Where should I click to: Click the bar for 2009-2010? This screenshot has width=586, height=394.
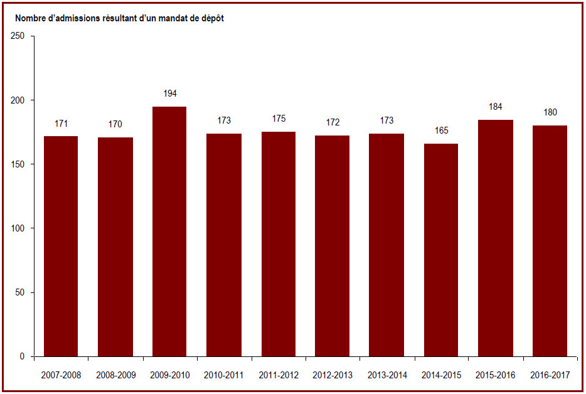169,232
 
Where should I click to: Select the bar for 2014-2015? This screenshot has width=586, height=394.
441,250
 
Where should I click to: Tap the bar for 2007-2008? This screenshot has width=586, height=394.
61,247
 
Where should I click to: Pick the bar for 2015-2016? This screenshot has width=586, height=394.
496,238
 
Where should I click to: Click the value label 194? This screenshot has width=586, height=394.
170,93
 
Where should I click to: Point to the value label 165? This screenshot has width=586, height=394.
441,130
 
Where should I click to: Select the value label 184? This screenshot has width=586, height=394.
495,107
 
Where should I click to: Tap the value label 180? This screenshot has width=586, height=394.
550,112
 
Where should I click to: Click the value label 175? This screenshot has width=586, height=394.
279,119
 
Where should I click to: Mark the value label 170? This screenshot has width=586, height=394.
115,124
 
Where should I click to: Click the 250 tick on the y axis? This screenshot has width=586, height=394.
18,36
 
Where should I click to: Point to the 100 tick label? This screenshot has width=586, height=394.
18,228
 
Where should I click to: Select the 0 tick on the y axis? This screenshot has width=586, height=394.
22,356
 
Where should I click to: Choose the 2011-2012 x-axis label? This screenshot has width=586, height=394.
279,375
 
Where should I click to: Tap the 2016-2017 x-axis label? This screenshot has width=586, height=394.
550,375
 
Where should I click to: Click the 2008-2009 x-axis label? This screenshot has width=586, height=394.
116,375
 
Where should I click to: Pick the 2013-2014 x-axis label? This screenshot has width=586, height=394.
387,375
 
